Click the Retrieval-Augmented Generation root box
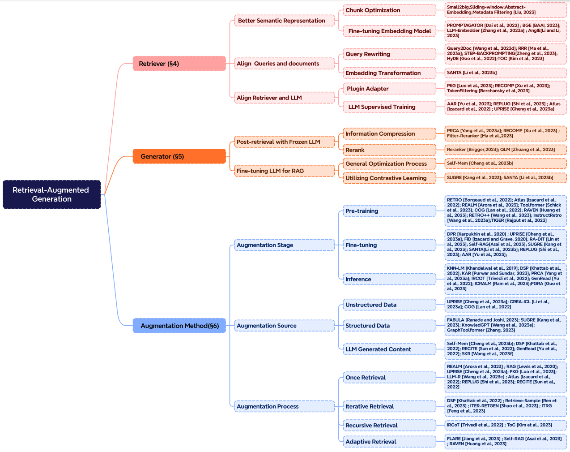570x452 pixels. [51, 194]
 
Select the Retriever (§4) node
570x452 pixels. [179, 64]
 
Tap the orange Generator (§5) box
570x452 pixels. [179, 156]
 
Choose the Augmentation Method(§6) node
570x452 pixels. [179, 326]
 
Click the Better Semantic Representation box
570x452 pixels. [284, 21]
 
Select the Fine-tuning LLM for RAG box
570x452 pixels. [284, 171]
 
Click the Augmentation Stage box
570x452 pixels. [284, 245]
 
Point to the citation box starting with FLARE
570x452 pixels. [506, 441]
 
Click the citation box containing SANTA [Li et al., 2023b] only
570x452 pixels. [506, 73]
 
